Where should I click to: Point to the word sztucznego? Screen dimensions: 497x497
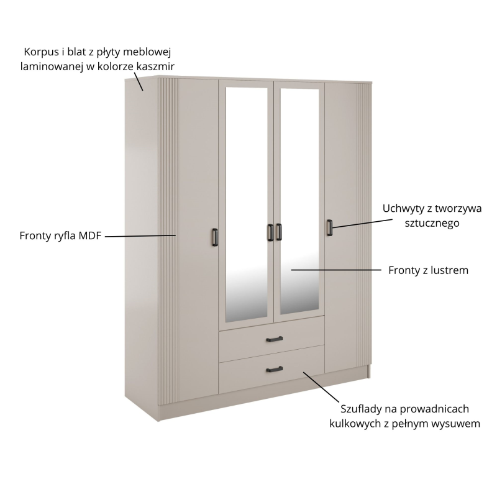(432, 224)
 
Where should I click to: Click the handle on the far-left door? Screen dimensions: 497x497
(215, 237)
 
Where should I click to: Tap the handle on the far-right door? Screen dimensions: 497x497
(330, 227)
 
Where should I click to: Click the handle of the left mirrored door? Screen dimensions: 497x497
(270, 232)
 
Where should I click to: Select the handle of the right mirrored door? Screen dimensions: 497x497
(278, 232)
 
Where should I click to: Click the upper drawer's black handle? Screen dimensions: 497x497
(275, 339)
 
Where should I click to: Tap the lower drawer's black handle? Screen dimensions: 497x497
(275, 369)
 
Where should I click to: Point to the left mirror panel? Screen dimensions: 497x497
(247, 205)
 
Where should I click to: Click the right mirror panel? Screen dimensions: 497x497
(299, 202)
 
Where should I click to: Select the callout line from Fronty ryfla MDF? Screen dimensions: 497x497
(140, 236)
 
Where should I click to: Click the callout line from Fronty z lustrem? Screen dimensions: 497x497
(336, 270)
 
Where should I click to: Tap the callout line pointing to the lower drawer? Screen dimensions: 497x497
(321, 387)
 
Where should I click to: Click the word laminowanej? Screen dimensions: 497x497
(52, 66)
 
